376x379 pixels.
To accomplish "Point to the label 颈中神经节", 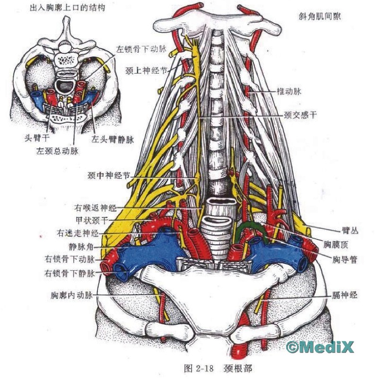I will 108,175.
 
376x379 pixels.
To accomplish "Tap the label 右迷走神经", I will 79,233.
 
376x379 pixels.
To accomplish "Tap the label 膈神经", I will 344,295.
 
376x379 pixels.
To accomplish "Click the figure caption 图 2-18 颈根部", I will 213,367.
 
